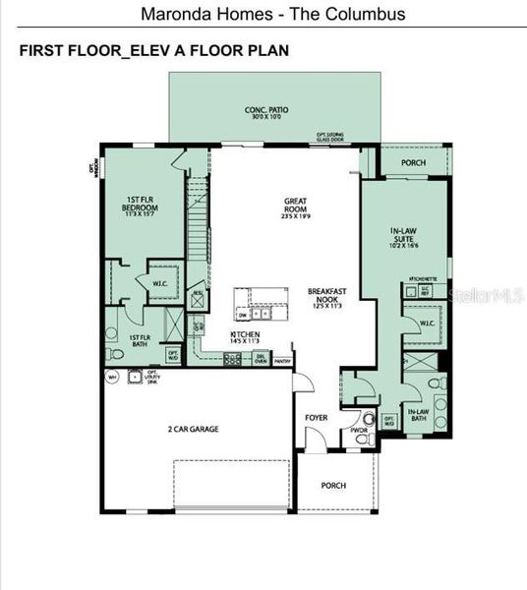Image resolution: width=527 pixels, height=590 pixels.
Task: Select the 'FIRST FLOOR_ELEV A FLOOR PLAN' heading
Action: click(x=154, y=51)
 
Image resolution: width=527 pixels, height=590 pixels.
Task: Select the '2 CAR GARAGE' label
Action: click(x=192, y=429)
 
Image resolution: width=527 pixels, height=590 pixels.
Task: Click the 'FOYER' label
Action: click(x=316, y=418)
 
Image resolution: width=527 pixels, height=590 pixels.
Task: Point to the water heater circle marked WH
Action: click(x=113, y=377)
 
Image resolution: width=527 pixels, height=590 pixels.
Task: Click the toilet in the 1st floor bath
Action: click(x=115, y=353)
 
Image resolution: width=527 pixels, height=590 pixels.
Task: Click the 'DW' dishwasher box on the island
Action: click(x=242, y=316)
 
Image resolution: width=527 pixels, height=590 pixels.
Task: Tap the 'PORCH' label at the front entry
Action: click(x=334, y=485)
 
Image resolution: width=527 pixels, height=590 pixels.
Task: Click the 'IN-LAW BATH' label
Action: click(x=417, y=414)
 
